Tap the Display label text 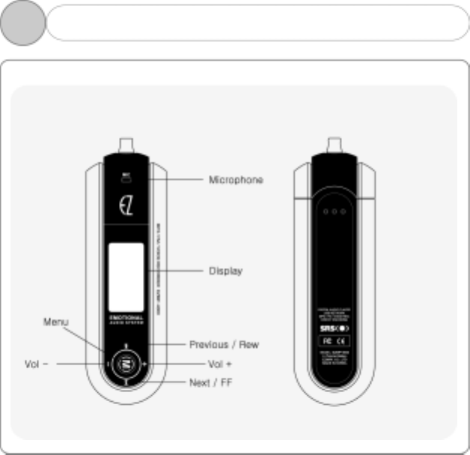point(225,271)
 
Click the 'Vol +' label point(219,364)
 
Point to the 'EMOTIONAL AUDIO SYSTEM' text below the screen point(126,320)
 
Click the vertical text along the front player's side point(159,258)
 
